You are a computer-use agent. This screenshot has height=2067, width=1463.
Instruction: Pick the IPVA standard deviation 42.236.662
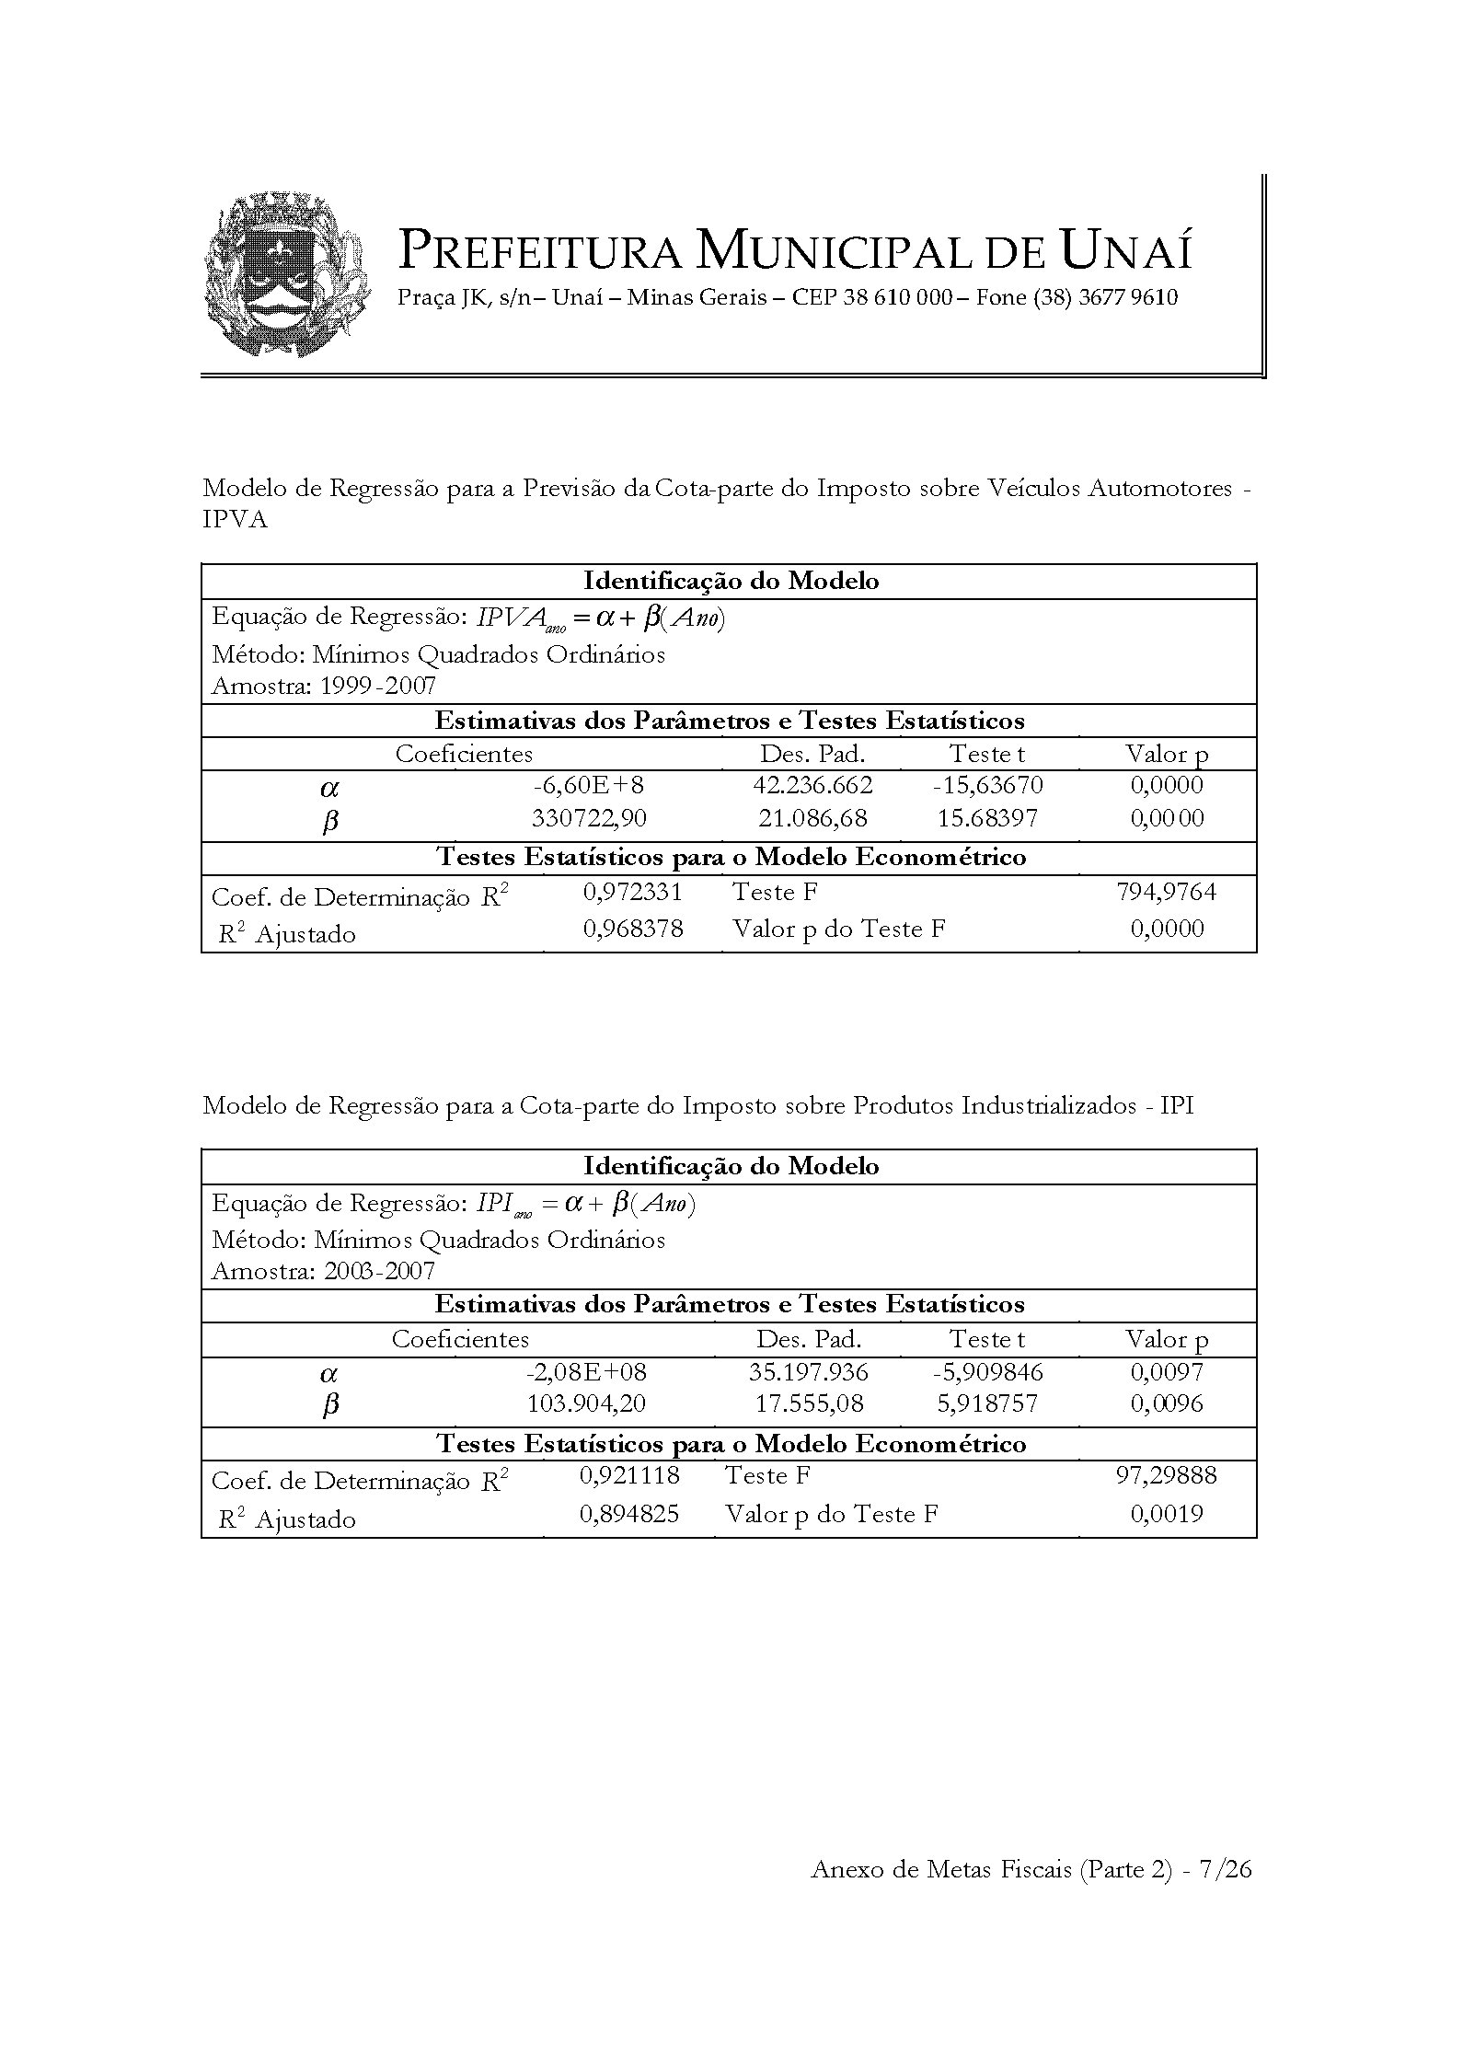click(812, 785)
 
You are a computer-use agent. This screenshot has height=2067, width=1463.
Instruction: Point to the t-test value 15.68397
click(989, 818)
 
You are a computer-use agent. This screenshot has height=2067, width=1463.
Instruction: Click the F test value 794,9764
click(1166, 892)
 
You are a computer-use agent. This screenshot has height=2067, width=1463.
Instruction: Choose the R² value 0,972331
click(633, 892)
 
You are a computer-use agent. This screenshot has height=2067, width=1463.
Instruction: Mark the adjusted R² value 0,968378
click(633, 929)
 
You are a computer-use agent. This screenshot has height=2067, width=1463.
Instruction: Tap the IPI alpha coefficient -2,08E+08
click(586, 1372)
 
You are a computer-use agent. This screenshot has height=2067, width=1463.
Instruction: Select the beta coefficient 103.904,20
click(586, 1403)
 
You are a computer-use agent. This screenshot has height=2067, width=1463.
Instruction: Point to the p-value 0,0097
click(1166, 1372)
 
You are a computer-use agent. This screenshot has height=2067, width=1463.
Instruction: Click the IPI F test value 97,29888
click(1166, 1475)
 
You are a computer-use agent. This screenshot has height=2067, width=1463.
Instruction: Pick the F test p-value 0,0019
click(1166, 1514)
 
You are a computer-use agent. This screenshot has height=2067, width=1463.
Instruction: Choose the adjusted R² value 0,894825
click(629, 1514)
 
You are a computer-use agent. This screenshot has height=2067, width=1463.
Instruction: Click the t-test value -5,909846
click(987, 1372)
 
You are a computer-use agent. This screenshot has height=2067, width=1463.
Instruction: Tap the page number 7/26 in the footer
click(1226, 1869)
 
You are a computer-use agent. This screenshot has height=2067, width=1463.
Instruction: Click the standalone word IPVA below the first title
click(235, 520)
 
